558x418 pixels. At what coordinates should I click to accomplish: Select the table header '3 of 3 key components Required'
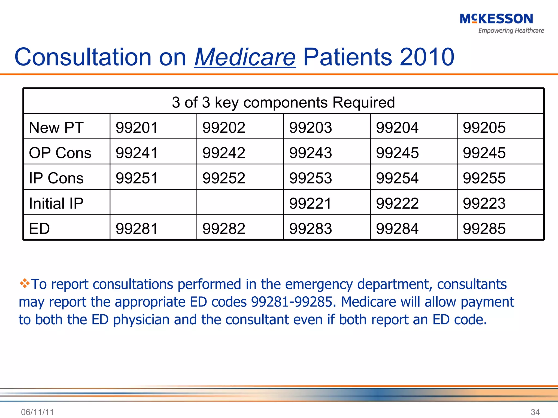click(x=283, y=102)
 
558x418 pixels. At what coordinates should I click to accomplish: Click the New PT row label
click(x=56, y=127)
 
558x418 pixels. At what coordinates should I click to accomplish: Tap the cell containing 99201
click(x=137, y=127)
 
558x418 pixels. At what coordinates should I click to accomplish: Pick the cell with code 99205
click(x=484, y=127)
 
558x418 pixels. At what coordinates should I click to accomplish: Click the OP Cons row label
click(x=60, y=153)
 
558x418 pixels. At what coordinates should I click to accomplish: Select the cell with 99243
click(x=310, y=153)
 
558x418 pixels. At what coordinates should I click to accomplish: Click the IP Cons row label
click(x=56, y=178)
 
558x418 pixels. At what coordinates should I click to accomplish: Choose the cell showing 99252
click(x=224, y=178)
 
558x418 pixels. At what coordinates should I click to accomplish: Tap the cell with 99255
click(x=484, y=178)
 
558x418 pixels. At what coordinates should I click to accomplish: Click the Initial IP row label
click(x=56, y=203)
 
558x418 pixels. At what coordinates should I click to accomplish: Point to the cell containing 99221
click(x=310, y=203)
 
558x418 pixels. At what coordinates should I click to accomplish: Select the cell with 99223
click(x=484, y=203)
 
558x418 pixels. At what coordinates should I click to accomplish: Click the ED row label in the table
click(x=40, y=228)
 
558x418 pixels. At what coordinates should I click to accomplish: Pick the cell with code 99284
click(x=397, y=228)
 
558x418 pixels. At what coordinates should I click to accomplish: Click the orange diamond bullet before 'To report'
click(x=25, y=283)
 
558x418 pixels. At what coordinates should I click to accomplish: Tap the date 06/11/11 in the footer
click(x=37, y=412)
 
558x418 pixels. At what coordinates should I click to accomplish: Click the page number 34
click(x=535, y=412)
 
